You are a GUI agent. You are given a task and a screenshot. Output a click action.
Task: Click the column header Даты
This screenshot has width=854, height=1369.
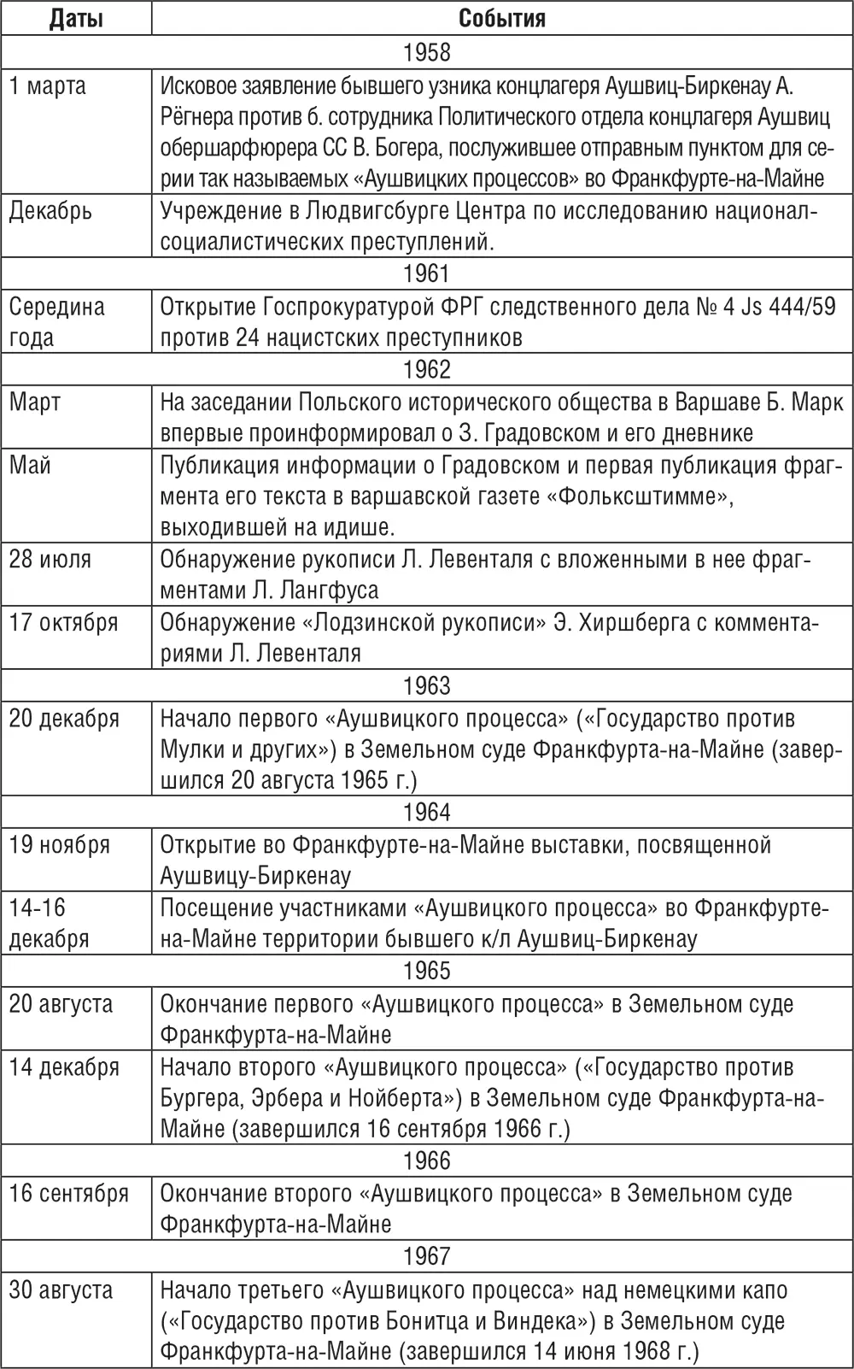pos(76,18)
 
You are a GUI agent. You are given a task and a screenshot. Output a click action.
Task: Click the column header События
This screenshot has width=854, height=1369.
pos(502,18)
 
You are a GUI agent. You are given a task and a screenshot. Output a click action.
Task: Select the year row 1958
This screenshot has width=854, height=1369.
pos(427,52)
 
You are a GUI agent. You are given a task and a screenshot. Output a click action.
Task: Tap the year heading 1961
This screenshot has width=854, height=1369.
pos(427,273)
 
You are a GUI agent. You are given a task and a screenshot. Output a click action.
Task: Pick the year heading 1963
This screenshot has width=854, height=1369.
pos(427,686)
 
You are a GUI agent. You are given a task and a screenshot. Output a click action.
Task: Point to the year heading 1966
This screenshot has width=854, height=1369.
pos(427,1160)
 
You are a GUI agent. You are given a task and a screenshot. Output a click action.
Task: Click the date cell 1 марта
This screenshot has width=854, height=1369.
pos(48,85)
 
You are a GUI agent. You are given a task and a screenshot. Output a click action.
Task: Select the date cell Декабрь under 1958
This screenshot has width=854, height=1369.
pos(50,211)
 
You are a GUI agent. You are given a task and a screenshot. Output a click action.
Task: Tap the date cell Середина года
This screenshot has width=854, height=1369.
pos(56,321)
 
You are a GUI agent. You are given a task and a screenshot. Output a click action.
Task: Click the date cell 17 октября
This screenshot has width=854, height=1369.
pos(64,622)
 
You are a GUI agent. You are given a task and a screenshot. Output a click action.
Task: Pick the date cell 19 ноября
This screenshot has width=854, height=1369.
pos(60,844)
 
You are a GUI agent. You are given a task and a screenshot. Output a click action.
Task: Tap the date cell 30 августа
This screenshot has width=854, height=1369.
pos(61,1289)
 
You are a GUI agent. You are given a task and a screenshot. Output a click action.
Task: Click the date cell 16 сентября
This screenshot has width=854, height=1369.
pos(69,1193)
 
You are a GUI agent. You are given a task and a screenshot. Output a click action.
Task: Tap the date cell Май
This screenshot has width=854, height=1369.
pos(30,465)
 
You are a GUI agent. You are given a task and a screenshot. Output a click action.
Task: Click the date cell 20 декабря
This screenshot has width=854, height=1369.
pos(64,718)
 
